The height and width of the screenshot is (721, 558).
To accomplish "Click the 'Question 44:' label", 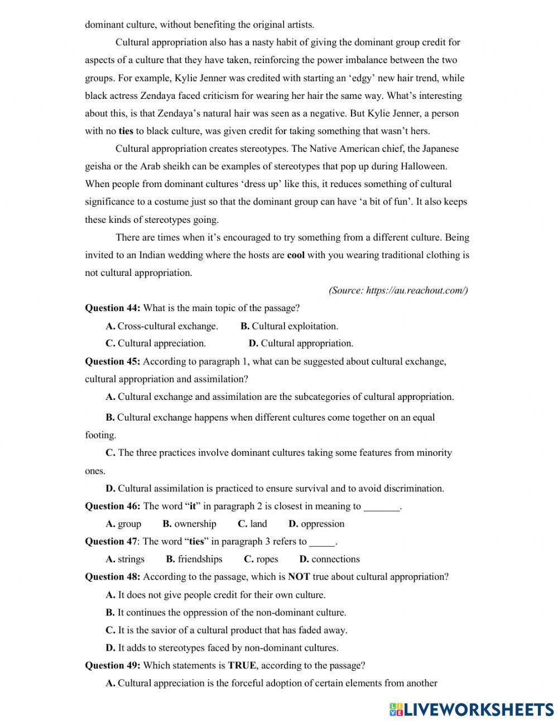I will pos(113,308).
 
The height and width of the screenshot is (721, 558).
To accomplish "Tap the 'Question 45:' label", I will pos(113,361).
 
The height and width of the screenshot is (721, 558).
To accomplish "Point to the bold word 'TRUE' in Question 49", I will pos(242,666).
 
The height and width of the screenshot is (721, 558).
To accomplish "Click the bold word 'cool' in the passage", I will pos(296,255).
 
